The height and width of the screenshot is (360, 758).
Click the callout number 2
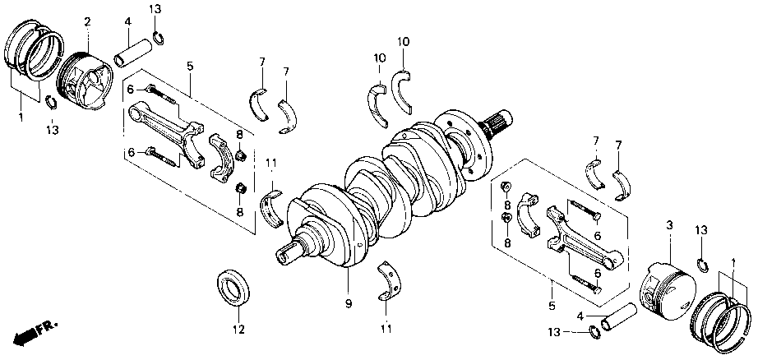87,21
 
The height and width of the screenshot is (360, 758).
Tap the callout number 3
669,224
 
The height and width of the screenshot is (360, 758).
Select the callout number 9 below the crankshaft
349,304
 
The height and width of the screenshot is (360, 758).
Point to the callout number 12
238,330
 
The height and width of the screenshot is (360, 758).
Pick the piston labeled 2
87,80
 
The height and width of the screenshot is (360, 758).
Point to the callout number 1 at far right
732,262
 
